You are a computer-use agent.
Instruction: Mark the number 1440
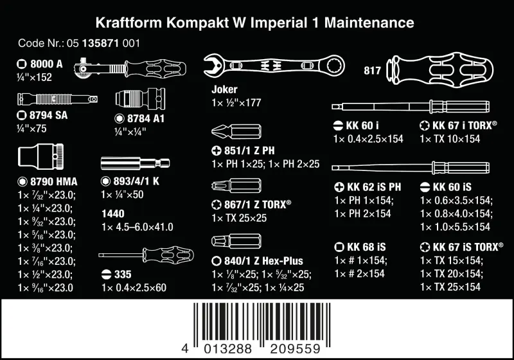click(113, 213)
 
